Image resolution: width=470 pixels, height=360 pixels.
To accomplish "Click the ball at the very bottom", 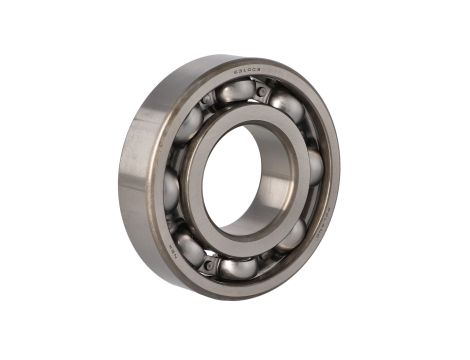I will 238,268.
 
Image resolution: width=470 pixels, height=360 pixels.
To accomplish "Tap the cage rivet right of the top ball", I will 263,92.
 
